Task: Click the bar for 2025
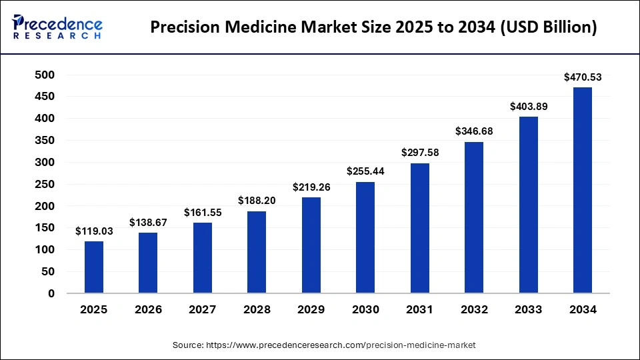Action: (94, 267)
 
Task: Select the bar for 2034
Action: (583, 190)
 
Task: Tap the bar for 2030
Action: (365, 237)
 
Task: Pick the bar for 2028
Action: (257, 252)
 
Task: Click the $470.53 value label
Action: (583, 77)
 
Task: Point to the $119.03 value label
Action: (94, 231)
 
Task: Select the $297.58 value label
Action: (420, 153)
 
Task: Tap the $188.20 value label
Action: (257, 201)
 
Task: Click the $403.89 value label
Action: (529, 107)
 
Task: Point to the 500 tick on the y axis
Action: (45, 75)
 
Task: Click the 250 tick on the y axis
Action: (45, 184)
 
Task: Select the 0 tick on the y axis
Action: (51, 293)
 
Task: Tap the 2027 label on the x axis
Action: (203, 310)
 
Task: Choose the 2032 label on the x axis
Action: (474, 310)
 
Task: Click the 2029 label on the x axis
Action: (311, 310)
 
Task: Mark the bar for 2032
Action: (474, 217)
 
